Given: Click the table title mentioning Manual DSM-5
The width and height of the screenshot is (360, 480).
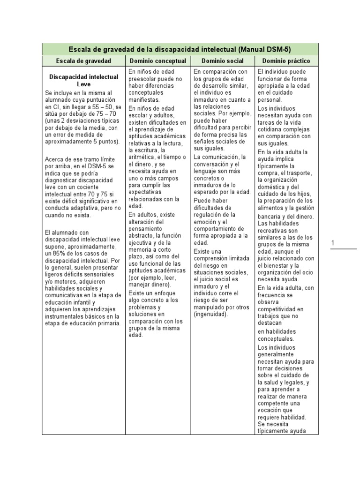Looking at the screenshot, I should pyautogui.click(x=180, y=49).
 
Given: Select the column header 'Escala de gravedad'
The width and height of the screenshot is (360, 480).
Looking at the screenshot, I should pyautogui.click(x=83, y=61).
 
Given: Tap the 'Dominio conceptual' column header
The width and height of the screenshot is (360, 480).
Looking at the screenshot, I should pyautogui.click(x=157, y=61).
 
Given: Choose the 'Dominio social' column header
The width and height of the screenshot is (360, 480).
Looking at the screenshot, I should pyautogui.click(x=222, y=61).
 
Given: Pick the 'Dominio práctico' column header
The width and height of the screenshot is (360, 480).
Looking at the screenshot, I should pyautogui.click(x=286, y=61).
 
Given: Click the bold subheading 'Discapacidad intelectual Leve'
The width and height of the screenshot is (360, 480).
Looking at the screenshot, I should pyautogui.click(x=83, y=80).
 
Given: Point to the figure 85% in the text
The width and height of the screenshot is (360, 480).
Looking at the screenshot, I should pyautogui.click(x=59, y=253).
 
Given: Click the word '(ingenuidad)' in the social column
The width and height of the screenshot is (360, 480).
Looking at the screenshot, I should pyautogui.click(x=210, y=314).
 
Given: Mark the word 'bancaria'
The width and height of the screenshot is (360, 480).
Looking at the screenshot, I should pyautogui.click(x=270, y=216).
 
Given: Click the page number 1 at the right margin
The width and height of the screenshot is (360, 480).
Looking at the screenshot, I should pyautogui.click(x=333, y=243).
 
